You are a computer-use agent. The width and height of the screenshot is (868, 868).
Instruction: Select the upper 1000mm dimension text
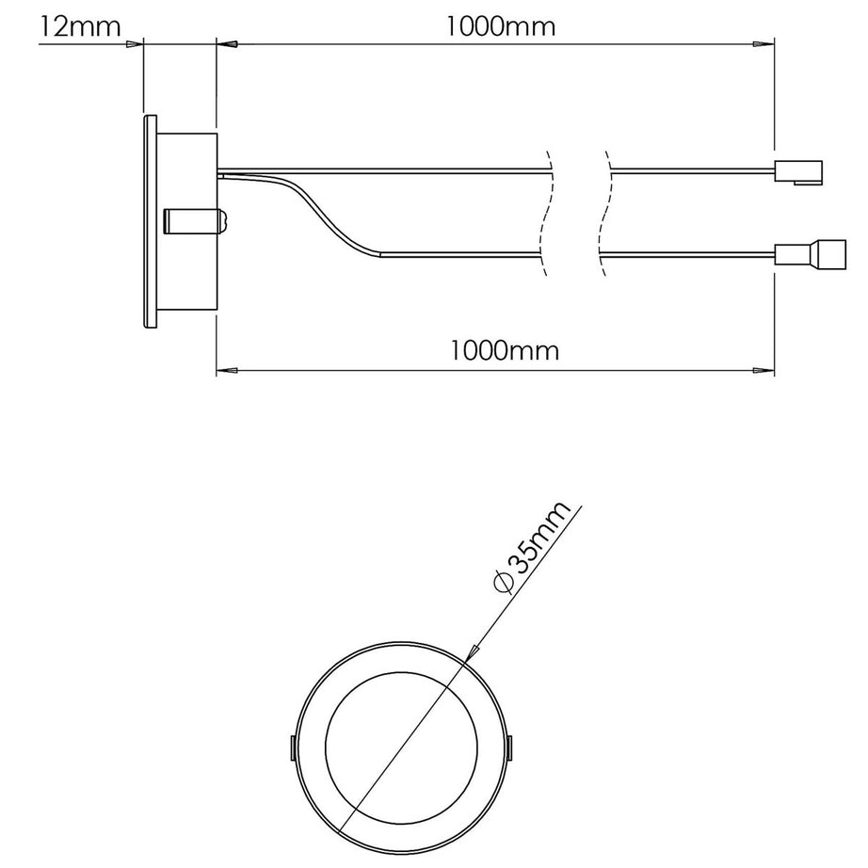click(501, 25)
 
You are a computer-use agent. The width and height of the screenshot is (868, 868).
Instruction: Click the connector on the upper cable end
click(798, 171)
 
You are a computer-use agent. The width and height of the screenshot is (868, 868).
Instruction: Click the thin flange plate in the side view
click(149, 221)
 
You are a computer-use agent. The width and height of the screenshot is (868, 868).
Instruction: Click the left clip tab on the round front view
click(290, 748)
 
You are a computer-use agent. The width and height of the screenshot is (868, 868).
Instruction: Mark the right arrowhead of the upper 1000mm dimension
click(764, 43)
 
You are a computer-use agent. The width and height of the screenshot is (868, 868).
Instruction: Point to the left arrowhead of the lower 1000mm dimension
click(226, 370)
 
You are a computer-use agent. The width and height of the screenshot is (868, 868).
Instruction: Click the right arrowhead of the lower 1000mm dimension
click(764, 370)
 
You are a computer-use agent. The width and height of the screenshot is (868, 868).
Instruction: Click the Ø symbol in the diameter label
click(502, 582)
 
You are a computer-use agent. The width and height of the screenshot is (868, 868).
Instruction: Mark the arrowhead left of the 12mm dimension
click(133, 43)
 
